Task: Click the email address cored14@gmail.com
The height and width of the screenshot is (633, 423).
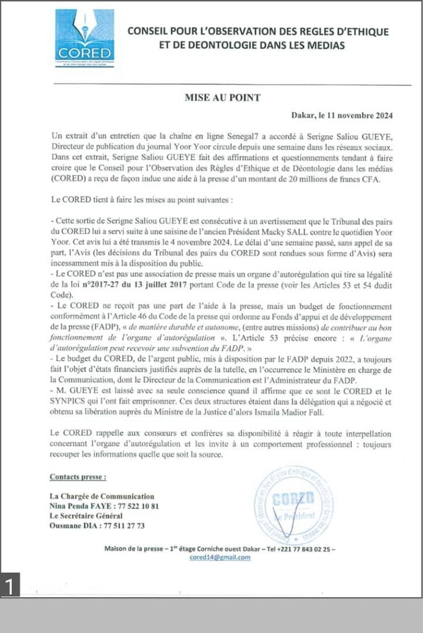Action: coord(220,557)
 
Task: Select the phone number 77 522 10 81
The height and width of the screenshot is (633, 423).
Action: coord(134,507)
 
